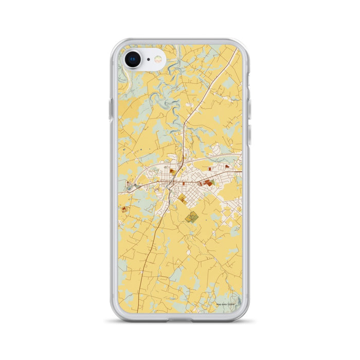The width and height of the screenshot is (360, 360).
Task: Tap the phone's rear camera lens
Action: coord(133,59)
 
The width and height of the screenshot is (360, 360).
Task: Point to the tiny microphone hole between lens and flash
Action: coord(148,59)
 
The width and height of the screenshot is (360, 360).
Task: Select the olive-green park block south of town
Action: coord(191,217)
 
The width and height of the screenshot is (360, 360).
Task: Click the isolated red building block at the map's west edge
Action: coord(124,208)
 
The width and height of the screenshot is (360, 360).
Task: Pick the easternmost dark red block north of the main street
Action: coord(227,174)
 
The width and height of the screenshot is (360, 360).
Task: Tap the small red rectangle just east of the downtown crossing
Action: coord(184,182)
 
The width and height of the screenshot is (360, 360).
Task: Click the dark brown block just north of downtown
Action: coord(173,173)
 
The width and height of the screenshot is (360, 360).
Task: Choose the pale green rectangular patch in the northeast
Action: coord(217,149)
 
